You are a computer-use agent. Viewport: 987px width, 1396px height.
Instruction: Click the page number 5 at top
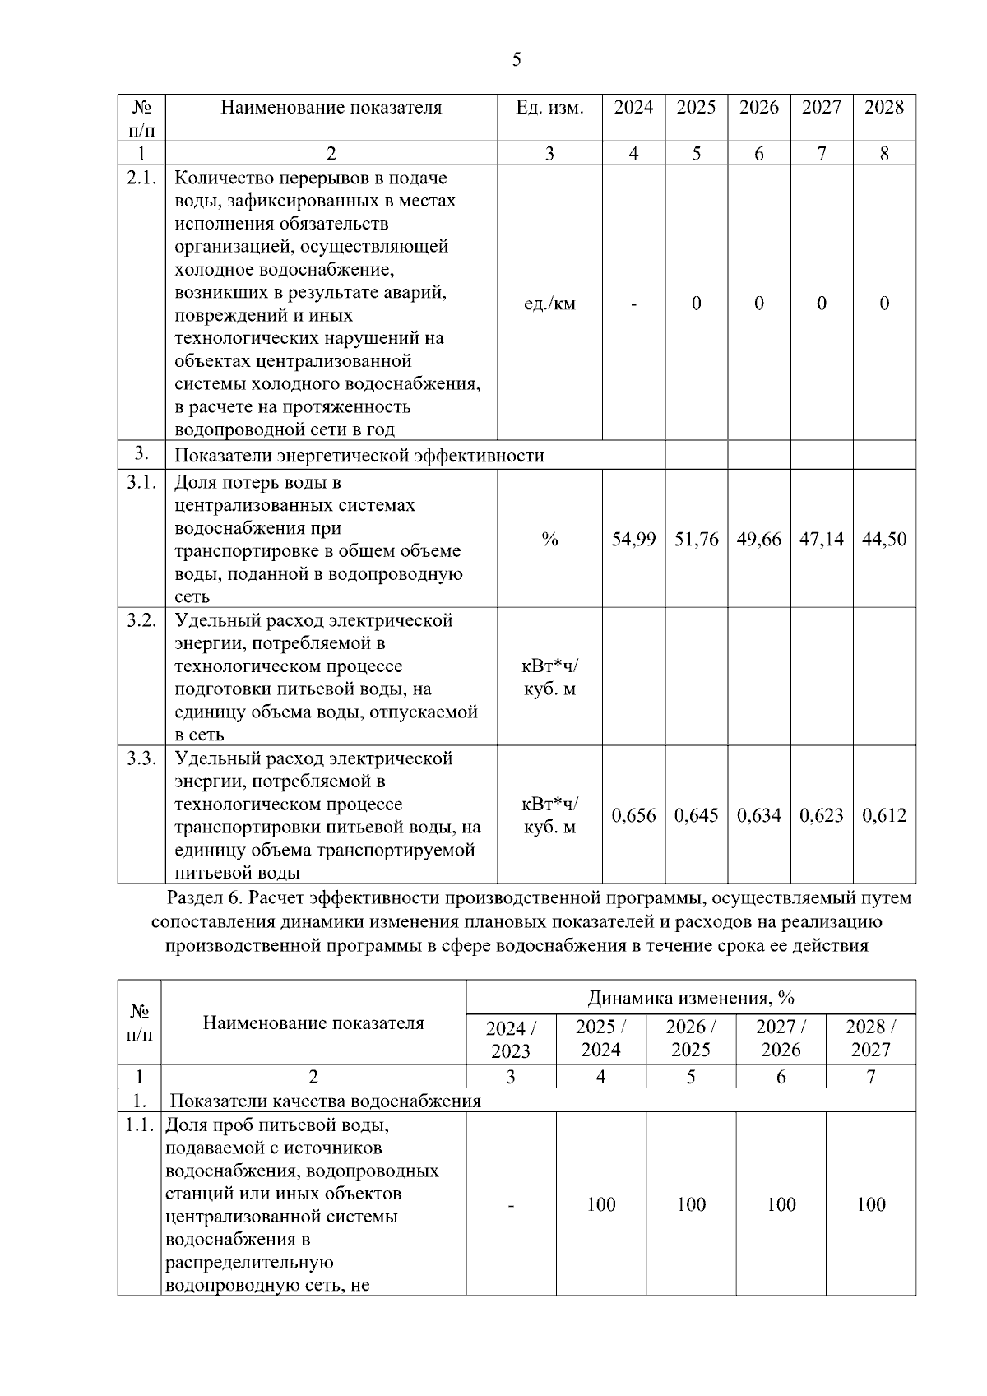pos(517,59)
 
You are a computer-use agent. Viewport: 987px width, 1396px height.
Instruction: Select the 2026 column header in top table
pos(758,108)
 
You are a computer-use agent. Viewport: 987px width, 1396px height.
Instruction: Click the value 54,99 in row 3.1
pos(633,540)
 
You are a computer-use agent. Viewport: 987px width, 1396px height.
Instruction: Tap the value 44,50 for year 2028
pos(884,540)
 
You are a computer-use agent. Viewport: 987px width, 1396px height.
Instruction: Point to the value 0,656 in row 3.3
pos(633,816)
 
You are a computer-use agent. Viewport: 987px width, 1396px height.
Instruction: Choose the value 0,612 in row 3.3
pos(884,816)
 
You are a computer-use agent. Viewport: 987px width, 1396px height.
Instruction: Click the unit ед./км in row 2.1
pos(549,304)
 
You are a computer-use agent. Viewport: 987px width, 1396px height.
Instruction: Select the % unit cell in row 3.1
pos(549,540)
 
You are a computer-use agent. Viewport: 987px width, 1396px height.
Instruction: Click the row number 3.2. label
pos(141,621)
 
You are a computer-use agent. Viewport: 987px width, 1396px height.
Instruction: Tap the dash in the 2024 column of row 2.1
pos(633,304)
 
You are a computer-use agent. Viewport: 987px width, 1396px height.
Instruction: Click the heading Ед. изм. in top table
pos(549,108)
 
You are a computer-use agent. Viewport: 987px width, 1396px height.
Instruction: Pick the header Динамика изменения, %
pos(690,999)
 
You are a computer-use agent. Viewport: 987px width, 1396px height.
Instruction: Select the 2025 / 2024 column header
pos(600,1039)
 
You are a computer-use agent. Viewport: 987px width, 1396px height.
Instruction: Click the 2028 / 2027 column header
pos(870,1039)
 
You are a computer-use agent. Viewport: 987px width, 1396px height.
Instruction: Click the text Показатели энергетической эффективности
pos(359,456)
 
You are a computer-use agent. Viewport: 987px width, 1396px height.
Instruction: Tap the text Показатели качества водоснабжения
pos(325,1101)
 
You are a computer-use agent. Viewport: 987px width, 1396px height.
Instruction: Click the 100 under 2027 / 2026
pos(781,1205)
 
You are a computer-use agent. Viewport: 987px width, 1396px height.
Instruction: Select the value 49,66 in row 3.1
pos(758,540)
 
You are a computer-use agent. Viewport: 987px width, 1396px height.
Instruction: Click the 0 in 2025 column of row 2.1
pos(696,304)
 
